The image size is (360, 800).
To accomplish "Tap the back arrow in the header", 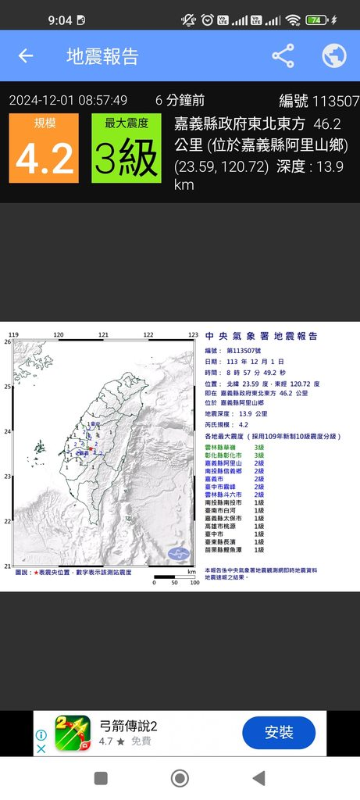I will pos(26,55).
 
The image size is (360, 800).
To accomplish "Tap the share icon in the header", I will pos(283,55).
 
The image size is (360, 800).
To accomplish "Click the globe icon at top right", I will pos(334,55).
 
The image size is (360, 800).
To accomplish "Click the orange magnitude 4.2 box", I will pos(44,148).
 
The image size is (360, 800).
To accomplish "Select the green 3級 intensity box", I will pos(127,148).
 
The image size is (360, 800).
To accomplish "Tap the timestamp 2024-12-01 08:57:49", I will pos(68,100).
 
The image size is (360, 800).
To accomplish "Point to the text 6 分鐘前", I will pos(180,100).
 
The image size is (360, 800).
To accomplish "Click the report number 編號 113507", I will pos(319,101).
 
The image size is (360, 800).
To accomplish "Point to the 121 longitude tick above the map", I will pos(103,334).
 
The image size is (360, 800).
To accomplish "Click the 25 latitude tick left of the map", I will pos(7,386).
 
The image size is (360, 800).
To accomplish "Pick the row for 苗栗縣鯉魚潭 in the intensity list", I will pos(234,550).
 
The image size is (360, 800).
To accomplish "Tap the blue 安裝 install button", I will pos(279,733).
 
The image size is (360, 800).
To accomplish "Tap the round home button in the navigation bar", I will pos(180,777).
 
